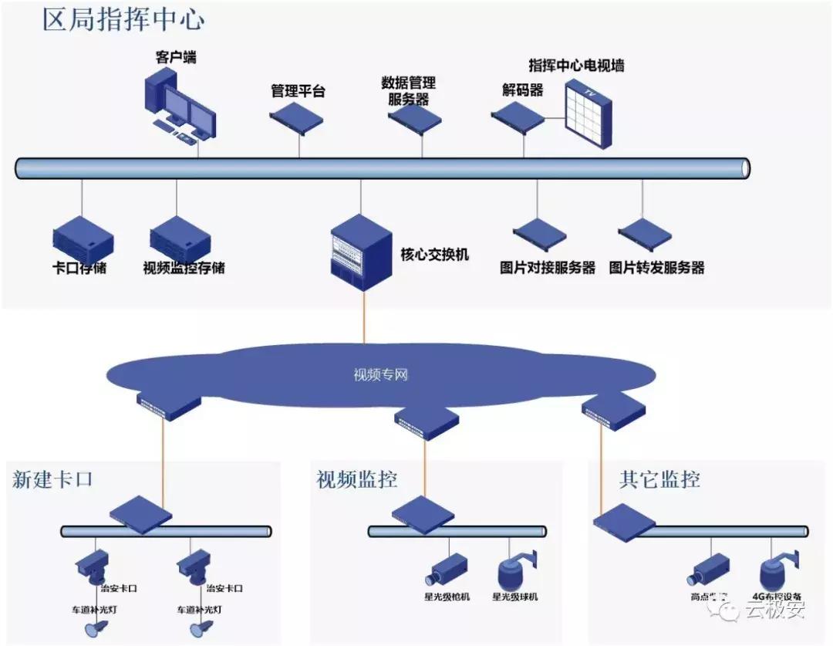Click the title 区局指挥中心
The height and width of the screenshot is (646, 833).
pyautogui.click(x=123, y=19)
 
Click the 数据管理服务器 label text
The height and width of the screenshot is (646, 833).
pyautogui.click(x=408, y=90)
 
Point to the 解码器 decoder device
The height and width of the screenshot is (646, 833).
pyautogui.click(x=518, y=117)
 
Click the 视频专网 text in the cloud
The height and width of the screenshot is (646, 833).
pyautogui.click(x=380, y=376)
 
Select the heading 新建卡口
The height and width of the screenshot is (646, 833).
pyautogui.click(x=52, y=479)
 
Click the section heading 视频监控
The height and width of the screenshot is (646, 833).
pyautogui.click(x=357, y=479)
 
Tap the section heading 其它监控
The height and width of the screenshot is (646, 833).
pyautogui.click(x=659, y=479)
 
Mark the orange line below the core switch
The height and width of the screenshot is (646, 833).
pyautogui.click(x=363, y=316)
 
